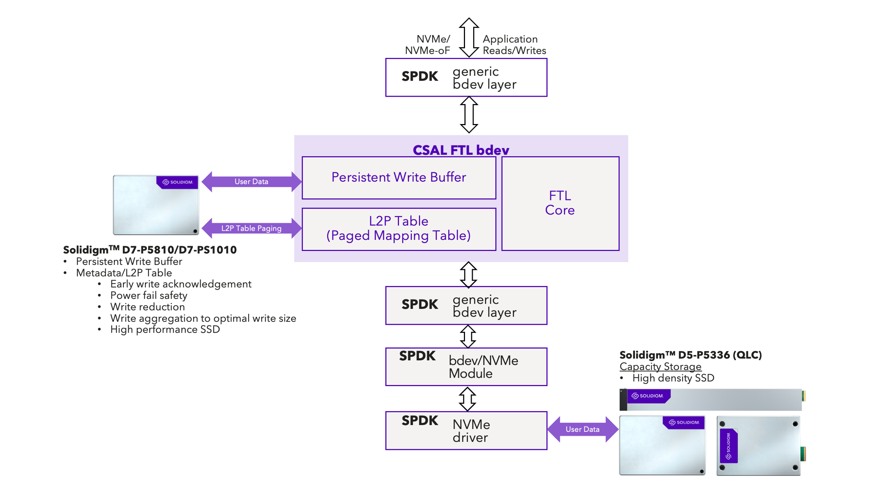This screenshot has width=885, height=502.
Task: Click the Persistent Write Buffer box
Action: click(399, 178)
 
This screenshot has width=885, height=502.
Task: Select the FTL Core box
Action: click(560, 203)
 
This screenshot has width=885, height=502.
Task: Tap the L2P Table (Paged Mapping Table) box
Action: click(399, 229)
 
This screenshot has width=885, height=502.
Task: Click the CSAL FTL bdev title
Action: click(461, 150)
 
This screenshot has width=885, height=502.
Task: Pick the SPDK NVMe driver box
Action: click(466, 430)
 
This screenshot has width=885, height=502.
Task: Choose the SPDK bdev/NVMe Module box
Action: click(466, 367)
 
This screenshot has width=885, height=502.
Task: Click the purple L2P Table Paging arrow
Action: click(251, 228)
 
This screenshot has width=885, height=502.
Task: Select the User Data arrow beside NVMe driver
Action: click(582, 429)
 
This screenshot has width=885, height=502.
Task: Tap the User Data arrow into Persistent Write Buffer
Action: click(251, 182)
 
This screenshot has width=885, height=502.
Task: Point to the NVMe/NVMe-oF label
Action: click(428, 45)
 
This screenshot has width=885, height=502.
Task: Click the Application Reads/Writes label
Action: click(514, 45)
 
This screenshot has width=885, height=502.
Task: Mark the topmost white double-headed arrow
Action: click(469, 37)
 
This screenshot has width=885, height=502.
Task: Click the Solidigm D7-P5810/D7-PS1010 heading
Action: click(150, 250)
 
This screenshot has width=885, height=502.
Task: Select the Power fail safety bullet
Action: click(149, 295)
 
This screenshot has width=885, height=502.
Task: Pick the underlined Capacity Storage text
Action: click(660, 367)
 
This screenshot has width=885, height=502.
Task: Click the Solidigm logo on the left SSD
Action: click(177, 182)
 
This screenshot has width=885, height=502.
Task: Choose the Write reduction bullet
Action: click(147, 307)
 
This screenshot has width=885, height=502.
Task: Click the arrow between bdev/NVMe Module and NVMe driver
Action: click(467, 399)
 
